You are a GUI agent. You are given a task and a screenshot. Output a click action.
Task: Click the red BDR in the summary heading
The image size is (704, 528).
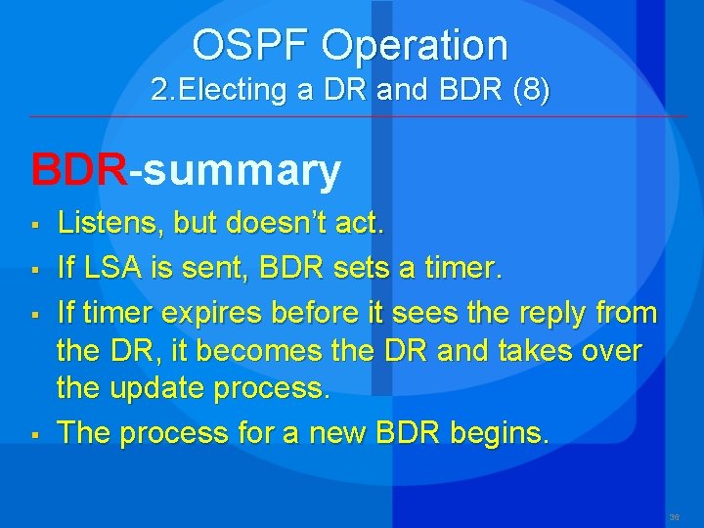coord(79,169)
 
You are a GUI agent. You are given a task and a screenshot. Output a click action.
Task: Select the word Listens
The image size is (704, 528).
coord(110,224)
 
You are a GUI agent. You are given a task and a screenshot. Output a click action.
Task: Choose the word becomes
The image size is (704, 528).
coord(239,350)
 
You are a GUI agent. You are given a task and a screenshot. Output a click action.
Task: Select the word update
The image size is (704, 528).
coord(164,388)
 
